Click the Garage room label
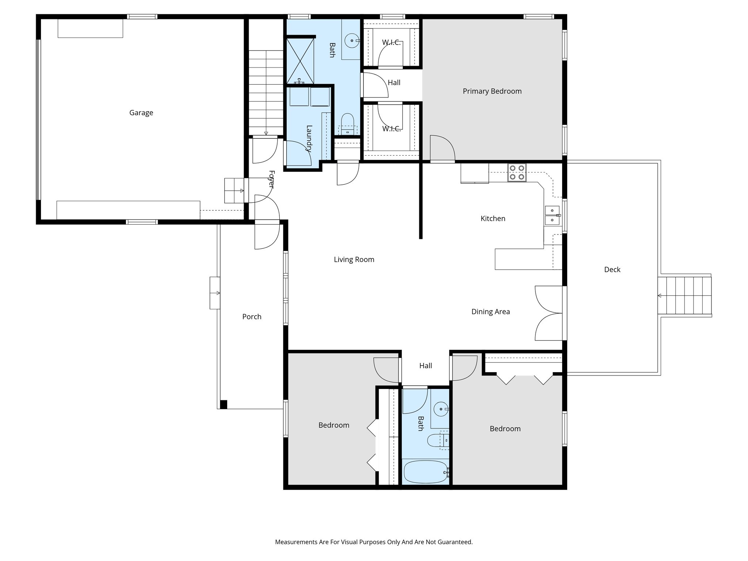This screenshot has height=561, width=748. tap(141, 113)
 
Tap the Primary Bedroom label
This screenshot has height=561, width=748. tap(492, 91)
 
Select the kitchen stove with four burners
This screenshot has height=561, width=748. tap(516, 173)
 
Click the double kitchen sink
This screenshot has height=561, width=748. tap(552, 215)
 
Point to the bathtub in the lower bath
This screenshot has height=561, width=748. tap(425, 472)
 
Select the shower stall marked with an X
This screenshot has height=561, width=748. tap(300, 61)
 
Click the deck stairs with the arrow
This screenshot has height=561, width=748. tap(685, 296)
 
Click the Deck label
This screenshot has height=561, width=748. tap(612, 270)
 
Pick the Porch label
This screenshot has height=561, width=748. tap(252, 317)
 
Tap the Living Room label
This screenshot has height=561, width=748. tap(354, 260)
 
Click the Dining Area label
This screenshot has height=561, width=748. tap(490, 312)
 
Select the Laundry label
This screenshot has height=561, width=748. tap(309, 138)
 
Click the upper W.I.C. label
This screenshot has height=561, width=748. tap(391, 43)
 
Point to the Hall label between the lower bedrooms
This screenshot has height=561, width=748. tap(425, 366)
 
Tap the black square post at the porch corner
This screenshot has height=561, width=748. tap(224, 404)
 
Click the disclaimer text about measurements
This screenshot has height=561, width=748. tap(374, 542)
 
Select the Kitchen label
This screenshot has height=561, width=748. tap(493, 219)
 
